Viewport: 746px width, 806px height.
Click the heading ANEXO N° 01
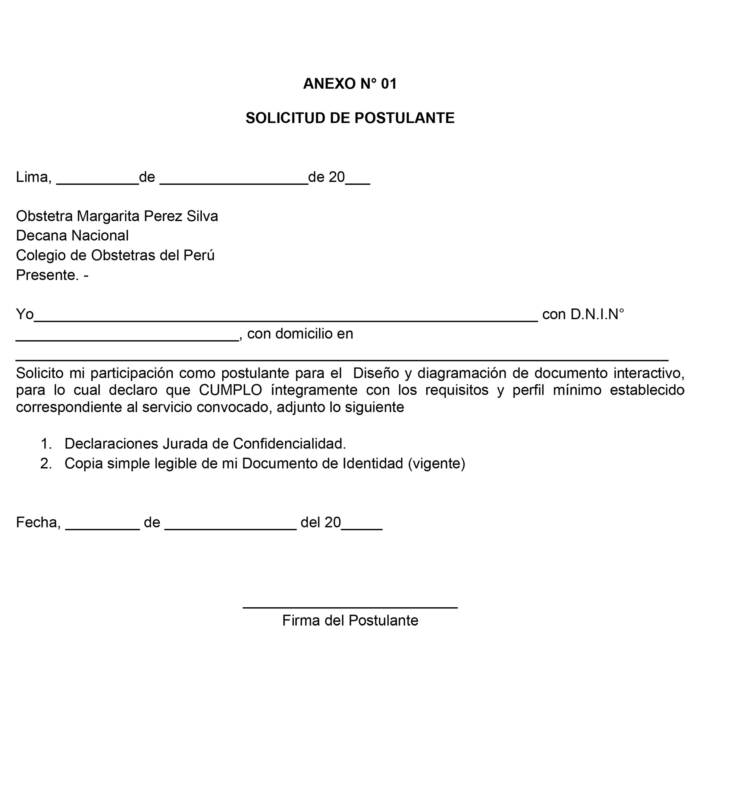coord(350,84)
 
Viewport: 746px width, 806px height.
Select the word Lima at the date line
coord(33,177)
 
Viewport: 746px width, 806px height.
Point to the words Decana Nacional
coord(72,236)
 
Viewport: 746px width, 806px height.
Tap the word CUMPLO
coord(231,390)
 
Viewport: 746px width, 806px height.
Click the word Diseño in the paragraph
coord(376,373)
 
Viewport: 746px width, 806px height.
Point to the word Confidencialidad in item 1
coord(289,444)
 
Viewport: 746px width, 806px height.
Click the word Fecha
coord(38,522)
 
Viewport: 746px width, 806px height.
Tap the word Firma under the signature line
coord(301,620)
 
